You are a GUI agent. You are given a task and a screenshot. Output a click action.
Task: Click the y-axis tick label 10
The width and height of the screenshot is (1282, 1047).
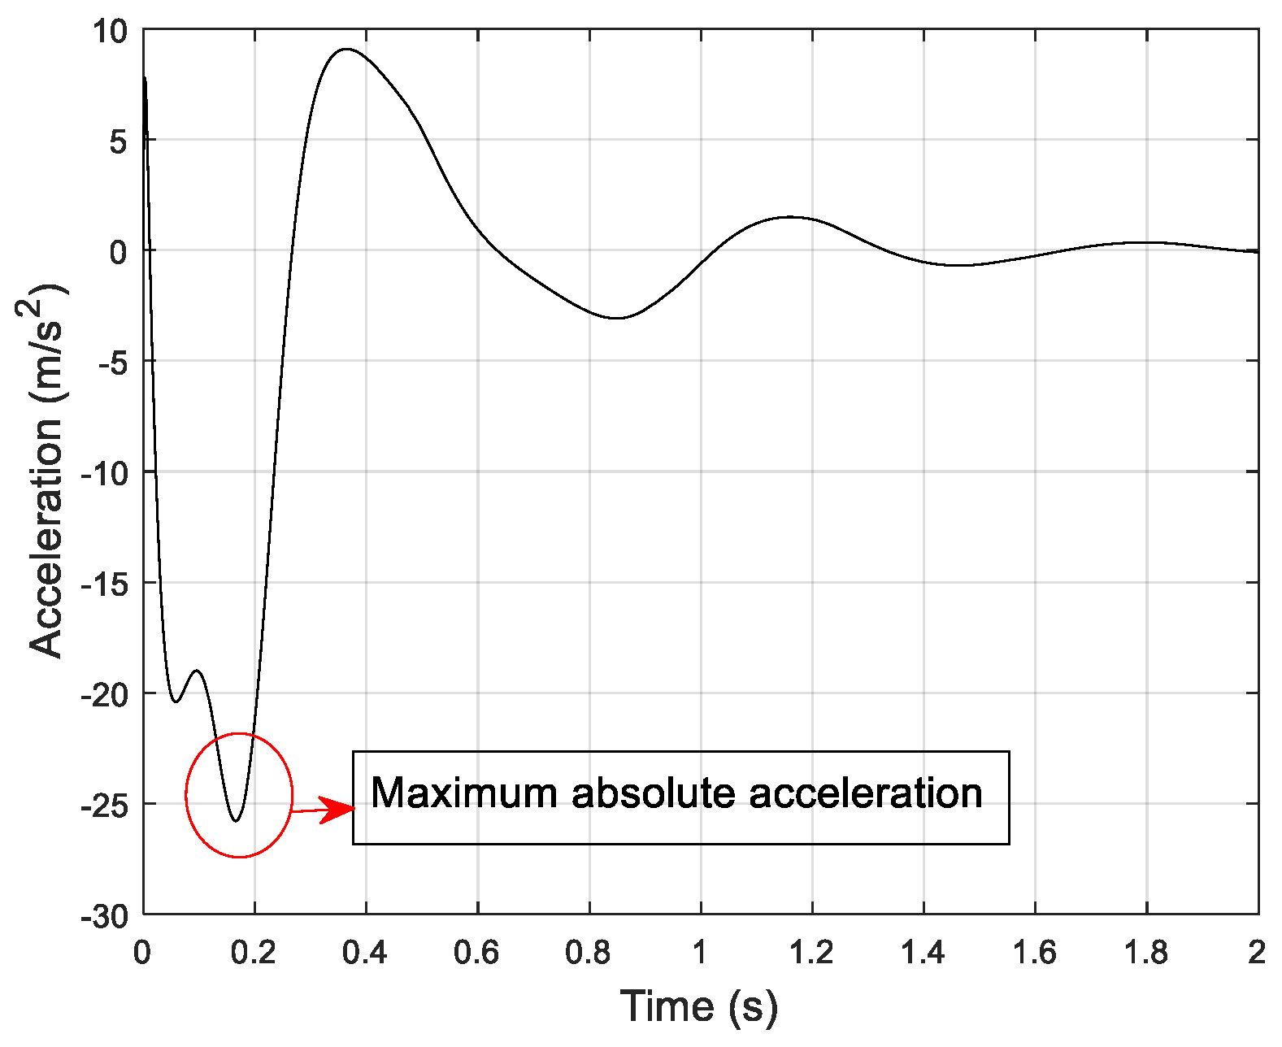click(110, 32)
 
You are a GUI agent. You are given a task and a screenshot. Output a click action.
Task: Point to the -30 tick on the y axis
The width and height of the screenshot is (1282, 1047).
click(104, 916)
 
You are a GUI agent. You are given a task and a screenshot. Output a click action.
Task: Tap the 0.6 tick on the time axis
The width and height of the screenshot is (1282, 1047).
click(477, 953)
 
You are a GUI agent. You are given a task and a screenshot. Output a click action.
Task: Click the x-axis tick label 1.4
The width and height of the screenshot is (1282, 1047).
click(923, 953)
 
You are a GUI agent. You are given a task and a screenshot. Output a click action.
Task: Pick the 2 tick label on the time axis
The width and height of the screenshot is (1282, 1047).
click(1257, 953)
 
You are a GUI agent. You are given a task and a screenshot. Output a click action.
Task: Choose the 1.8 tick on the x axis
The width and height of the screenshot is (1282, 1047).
click(1146, 953)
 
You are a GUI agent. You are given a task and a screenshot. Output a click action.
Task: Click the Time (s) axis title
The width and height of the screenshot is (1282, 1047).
click(699, 1006)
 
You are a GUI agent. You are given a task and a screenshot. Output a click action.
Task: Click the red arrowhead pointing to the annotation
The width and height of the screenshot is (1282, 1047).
click(340, 809)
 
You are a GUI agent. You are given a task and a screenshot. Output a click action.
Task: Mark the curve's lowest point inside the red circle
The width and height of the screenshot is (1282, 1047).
click(236, 821)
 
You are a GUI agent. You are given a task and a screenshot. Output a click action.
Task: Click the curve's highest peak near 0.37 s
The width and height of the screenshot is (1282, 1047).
click(347, 49)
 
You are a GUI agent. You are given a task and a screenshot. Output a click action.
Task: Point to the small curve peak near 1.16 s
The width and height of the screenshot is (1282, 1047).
click(789, 217)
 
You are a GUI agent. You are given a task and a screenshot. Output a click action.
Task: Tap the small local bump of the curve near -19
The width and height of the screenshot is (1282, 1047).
click(197, 671)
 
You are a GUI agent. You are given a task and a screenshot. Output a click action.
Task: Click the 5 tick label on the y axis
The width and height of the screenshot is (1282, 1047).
click(119, 142)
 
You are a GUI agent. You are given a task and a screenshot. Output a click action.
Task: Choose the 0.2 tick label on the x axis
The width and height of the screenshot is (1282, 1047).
click(254, 953)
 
